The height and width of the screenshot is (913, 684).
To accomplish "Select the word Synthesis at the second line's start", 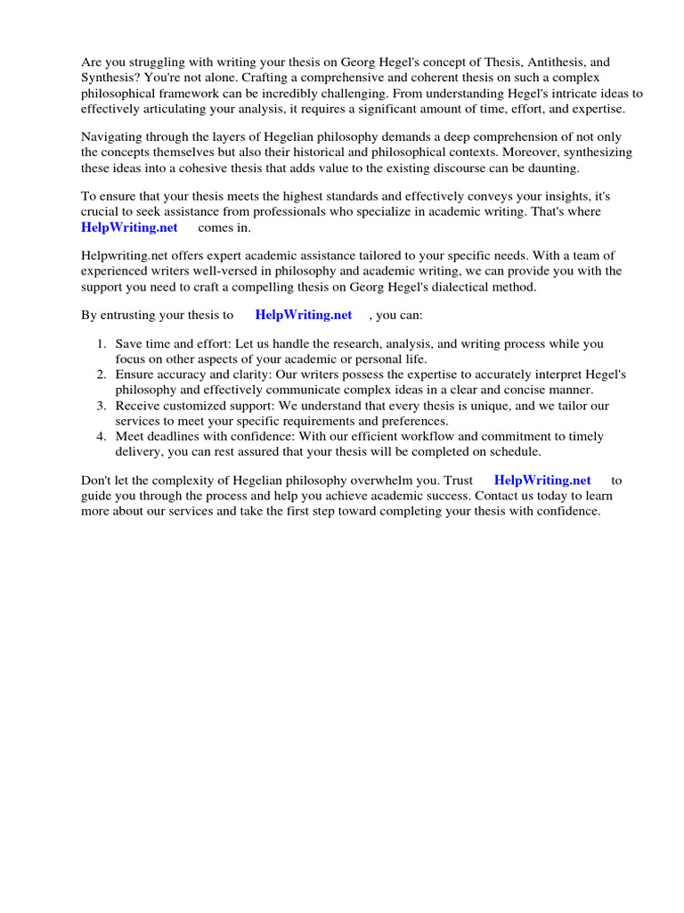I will tap(110, 78).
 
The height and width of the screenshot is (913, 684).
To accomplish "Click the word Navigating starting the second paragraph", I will tap(113, 136).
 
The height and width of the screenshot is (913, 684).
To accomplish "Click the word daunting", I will tap(554, 168).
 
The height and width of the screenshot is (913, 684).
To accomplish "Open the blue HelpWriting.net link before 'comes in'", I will tap(129, 227).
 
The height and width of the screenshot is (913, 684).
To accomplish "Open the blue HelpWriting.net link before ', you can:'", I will tap(303, 315).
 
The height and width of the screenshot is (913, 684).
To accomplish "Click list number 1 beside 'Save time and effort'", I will tap(102, 343).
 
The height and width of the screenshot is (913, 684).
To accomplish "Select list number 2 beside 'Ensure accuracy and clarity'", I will tap(102, 374).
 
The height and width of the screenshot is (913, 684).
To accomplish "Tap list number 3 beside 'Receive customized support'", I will tap(102, 406).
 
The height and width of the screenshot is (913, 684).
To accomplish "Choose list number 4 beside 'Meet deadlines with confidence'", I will tap(102, 436).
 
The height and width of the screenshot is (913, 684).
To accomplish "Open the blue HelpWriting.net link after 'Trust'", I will tap(541, 480).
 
